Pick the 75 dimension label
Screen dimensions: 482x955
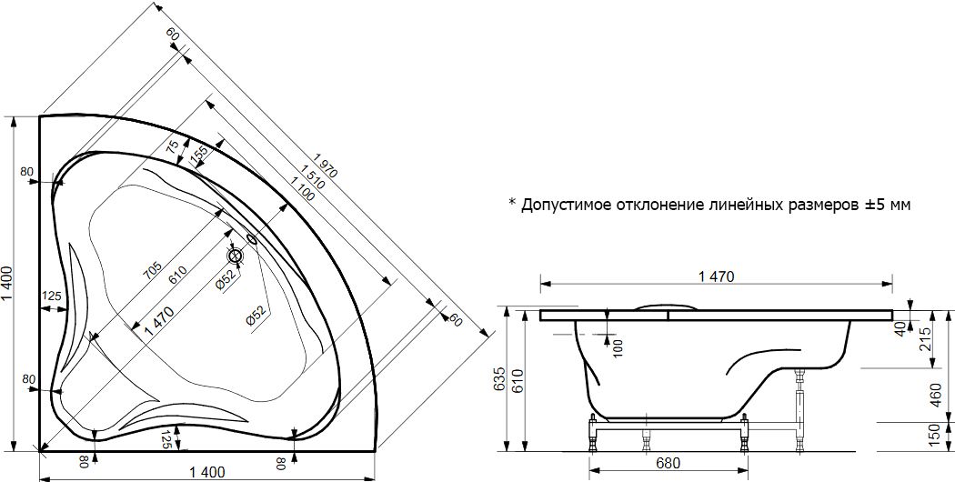pyautogui.click(x=173, y=148)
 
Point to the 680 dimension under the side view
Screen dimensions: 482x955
pyautogui.click(x=668, y=462)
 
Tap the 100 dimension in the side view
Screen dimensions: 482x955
pyautogui.click(x=618, y=346)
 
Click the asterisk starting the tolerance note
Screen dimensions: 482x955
pyautogui.click(x=512, y=203)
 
